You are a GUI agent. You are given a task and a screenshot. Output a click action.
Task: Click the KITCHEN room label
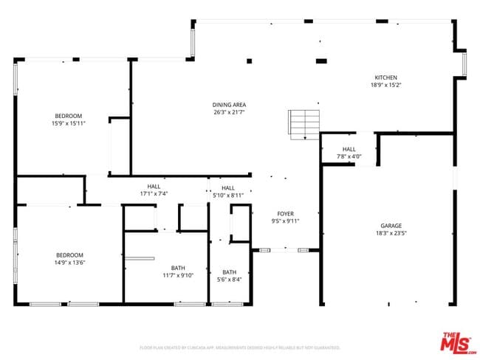[385, 77]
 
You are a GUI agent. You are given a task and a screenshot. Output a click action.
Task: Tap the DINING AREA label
[229, 105]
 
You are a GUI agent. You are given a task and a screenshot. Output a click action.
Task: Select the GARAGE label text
[391, 226]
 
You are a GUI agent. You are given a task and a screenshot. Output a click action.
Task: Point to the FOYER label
[286, 213]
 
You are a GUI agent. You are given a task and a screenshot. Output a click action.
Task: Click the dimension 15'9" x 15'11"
[68, 124]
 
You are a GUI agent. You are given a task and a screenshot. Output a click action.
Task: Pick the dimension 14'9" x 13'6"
[69, 263]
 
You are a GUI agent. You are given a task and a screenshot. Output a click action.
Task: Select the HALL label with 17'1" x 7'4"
[154, 187]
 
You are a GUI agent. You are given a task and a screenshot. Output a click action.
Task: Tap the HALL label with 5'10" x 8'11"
[228, 188]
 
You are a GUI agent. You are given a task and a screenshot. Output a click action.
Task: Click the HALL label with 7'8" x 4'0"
[349, 149]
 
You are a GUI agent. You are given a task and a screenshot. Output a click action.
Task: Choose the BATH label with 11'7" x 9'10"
[178, 268]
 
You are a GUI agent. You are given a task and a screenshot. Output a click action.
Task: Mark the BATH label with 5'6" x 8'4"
[230, 271]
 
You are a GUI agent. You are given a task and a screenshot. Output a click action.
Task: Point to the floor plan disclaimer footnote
[239, 347]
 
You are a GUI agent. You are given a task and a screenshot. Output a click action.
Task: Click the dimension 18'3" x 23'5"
[391, 234]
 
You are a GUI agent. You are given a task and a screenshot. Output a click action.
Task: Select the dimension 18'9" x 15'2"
[385, 85]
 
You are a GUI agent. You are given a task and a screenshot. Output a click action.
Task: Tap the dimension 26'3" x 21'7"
[229, 112]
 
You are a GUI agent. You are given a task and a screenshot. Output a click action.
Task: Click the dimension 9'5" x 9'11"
[286, 221]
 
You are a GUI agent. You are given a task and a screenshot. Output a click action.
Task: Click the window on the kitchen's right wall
[464, 63]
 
